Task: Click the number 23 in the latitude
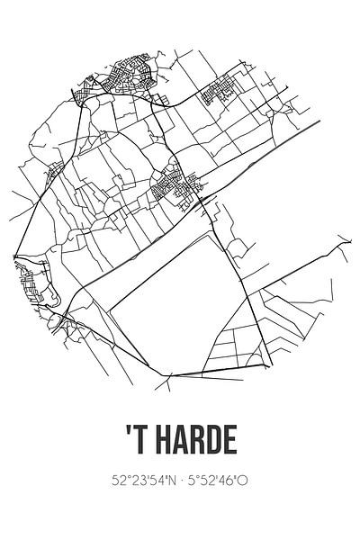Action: (x=127, y=481)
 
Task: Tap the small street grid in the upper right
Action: (x=221, y=93)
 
